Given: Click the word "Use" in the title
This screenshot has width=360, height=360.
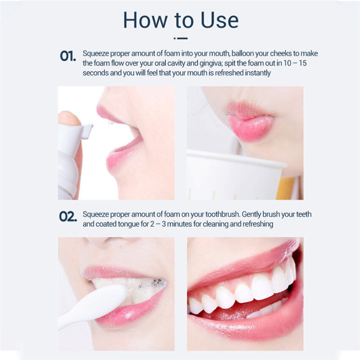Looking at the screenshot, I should (x=215, y=20).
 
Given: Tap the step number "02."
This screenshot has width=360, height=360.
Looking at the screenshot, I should (x=68, y=216).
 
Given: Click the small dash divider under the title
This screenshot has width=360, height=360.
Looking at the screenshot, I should (x=181, y=38).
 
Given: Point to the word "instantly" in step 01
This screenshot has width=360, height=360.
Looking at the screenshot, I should (x=256, y=73).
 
